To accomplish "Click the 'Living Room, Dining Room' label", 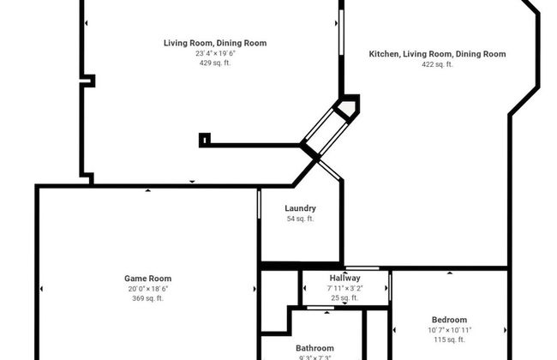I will [x=215, y=43].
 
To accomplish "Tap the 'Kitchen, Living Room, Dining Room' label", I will [x=437, y=54].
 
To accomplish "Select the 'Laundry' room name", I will [x=300, y=208].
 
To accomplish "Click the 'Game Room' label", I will [x=148, y=279].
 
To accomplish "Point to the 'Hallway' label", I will [x=344, y=279].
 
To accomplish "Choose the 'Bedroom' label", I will [x=449, y=320].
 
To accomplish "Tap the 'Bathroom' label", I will [x=314, y=348].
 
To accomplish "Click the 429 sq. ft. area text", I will [x=215, y=63].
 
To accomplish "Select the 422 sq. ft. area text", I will [x=437, y=64].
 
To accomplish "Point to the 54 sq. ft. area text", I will [x=300, y=219].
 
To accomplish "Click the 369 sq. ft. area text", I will [x=148, y=298].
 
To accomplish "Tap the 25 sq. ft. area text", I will [x=344, y=298].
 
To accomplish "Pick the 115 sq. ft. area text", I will [x=449, y=340].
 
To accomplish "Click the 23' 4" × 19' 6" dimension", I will [x=215, y=53].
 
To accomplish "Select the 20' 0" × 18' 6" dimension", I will [x=148, y=289].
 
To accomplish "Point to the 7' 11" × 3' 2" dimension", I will [x=344, y=289].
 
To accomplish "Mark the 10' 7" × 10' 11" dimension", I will [x=449, y=330].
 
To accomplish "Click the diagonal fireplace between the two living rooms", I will [x=330, y=129].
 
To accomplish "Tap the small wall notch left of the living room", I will [x=87, y=81].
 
